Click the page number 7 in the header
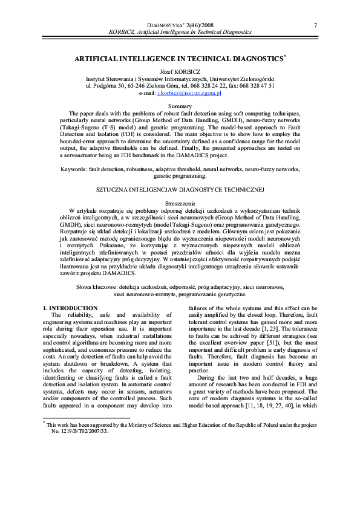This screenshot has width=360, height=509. click(x=315, y=24)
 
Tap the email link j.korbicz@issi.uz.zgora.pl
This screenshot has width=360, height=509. click(x=189, y=93)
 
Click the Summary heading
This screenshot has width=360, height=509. click(x=180, y=106)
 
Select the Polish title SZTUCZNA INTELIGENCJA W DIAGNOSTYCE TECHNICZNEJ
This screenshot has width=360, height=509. click(x=180, y=189)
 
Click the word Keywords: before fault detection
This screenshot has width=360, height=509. click(x=74, y=169)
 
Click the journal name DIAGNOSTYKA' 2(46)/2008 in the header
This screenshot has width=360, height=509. click(x=180, y=24)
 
